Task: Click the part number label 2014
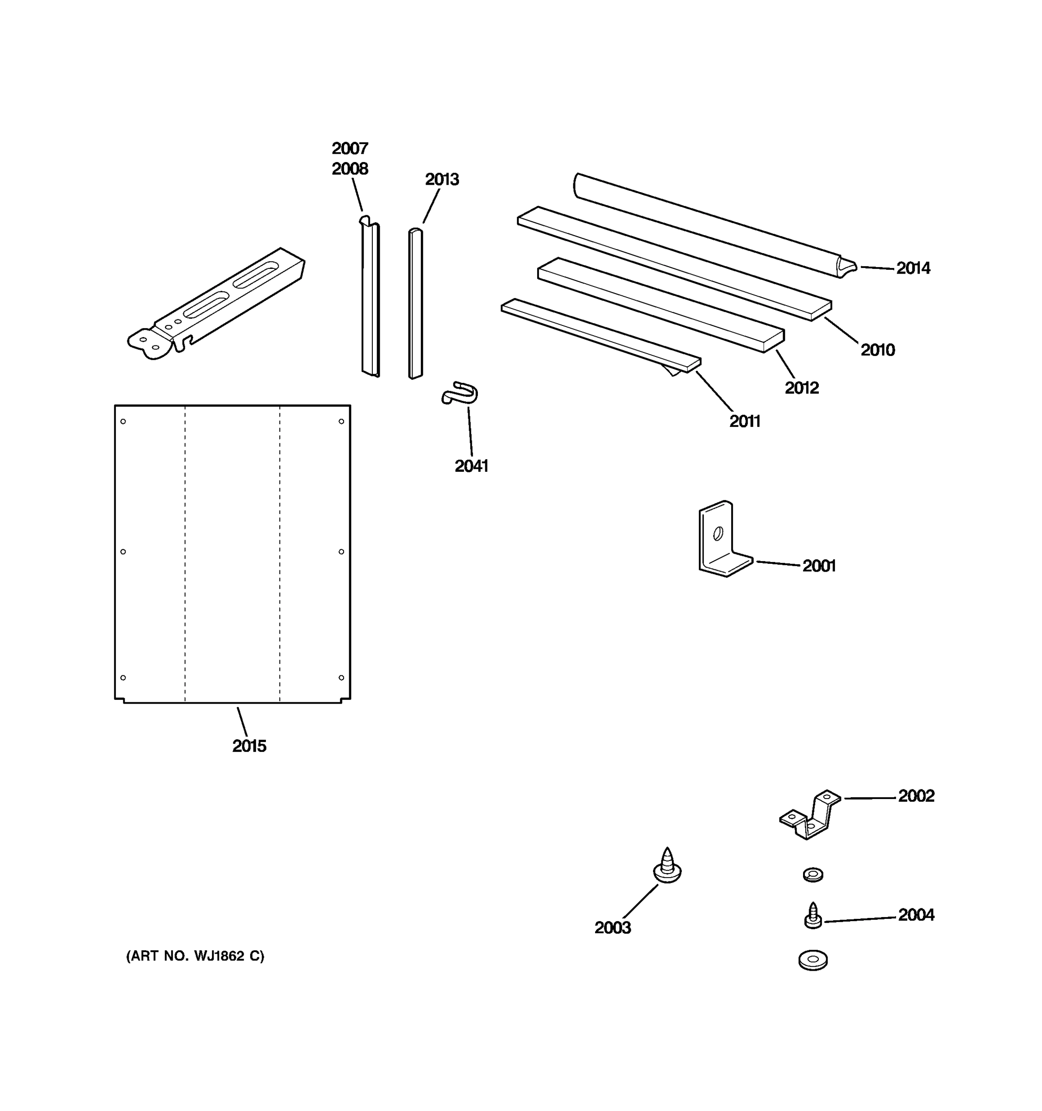[913, 268]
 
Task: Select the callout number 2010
[877, 350]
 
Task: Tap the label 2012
[801, 388]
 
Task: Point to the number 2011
[745, 421]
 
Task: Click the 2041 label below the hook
[471, 466]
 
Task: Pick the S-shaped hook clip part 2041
[460, 393]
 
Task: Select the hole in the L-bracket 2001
[718, 534]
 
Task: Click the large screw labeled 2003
[667, 867]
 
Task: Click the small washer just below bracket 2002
[812, 874]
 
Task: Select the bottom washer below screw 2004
[813, 960]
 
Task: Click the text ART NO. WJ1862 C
[195, 956]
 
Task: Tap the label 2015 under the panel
[249, 746]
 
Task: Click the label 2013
[442, 180]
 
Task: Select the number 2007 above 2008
[350, 149]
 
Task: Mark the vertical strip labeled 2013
[415, 305]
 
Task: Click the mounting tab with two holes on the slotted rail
[148, 343]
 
